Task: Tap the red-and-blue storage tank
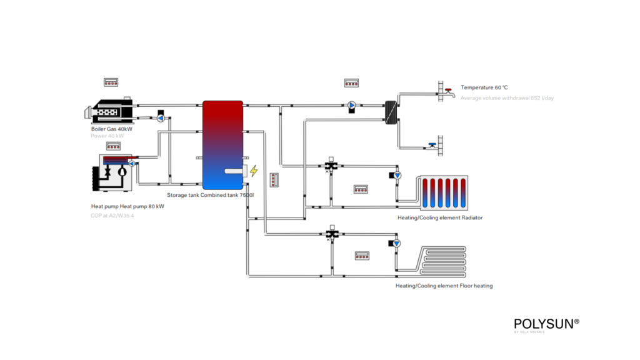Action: [x=222, y=144]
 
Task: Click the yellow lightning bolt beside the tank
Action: [x=254, y=171]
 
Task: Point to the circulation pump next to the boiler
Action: [x=160, y=117]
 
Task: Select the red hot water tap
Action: [x=447, y=91]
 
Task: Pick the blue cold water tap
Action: [x=433, y=146]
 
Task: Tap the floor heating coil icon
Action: [x=442, y=262]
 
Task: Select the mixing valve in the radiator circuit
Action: [x=331, y=166]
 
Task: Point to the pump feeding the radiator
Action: [x=396, y=176]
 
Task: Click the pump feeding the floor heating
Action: [x=396, y=243]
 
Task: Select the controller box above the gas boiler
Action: [x=111, y=82]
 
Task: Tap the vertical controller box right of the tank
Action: [x=274, y=181]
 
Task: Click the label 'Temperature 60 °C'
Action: [x=484, y=87]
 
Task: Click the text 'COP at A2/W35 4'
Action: [x=112, y=216]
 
